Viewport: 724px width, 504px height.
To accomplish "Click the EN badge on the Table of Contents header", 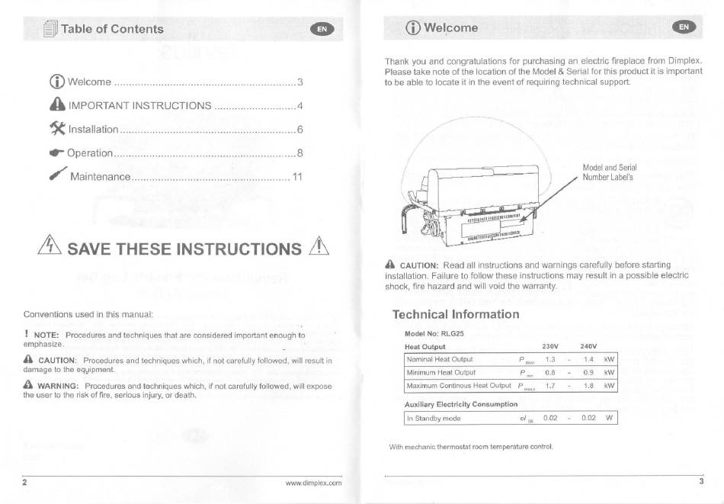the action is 322,29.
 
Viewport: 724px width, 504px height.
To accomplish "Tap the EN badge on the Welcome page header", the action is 684,27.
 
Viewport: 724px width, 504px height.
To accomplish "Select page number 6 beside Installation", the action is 300,130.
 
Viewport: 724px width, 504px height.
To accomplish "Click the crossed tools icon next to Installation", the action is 58,128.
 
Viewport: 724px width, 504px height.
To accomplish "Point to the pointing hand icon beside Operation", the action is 57,152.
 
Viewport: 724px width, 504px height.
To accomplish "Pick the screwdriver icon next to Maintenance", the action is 58,174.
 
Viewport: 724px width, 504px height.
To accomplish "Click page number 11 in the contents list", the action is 297,177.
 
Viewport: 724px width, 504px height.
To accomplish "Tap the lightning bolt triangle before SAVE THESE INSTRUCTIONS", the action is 50,245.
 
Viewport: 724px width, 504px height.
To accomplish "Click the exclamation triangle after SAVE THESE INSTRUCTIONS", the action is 319,246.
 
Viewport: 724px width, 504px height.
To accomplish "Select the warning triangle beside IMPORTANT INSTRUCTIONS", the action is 58,104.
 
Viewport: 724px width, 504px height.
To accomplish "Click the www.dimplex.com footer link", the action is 313,483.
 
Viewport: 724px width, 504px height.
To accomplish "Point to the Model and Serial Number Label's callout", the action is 610,172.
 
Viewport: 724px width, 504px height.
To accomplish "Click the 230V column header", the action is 550,346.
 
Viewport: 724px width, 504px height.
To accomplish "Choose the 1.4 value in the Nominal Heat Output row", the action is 588,359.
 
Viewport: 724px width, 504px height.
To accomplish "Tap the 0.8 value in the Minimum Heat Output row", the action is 550,372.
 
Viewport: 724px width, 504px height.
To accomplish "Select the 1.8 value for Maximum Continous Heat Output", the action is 588,386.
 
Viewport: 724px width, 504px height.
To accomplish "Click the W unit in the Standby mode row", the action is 609,418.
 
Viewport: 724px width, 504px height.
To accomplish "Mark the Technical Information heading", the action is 456,315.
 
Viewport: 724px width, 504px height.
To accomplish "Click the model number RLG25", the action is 455,333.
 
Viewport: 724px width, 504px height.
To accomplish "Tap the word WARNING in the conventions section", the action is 58,387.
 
